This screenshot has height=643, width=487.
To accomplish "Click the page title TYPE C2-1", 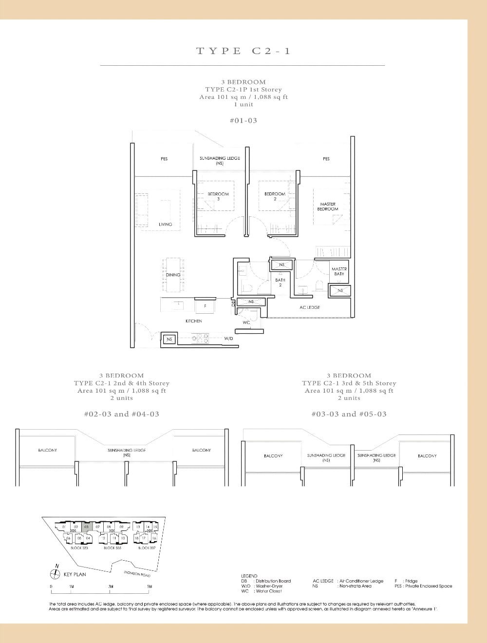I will (243, 51).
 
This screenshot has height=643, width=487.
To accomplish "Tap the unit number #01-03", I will (243, 120).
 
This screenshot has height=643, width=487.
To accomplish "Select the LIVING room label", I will (165, 224).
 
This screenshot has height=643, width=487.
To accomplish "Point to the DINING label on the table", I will (173, 275).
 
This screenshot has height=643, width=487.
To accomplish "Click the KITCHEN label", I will (193, 321).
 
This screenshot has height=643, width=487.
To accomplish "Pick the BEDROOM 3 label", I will (218, 196).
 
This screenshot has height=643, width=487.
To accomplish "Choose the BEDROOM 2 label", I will (275, 196).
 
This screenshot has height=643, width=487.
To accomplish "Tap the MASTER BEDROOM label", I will (327, 207).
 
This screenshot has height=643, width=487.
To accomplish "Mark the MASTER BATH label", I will (339, 271).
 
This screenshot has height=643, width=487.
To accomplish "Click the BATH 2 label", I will (280, 283).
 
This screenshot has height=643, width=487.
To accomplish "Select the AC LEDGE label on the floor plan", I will (310, 307).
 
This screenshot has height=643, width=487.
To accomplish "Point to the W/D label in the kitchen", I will (228, 338).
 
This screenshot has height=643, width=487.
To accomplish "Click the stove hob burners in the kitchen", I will (200, 337).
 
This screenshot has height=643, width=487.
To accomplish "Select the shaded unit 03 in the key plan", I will (86, 527).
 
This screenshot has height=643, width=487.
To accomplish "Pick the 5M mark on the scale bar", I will (150, 586).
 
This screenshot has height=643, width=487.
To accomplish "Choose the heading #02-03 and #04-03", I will (121, 414).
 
